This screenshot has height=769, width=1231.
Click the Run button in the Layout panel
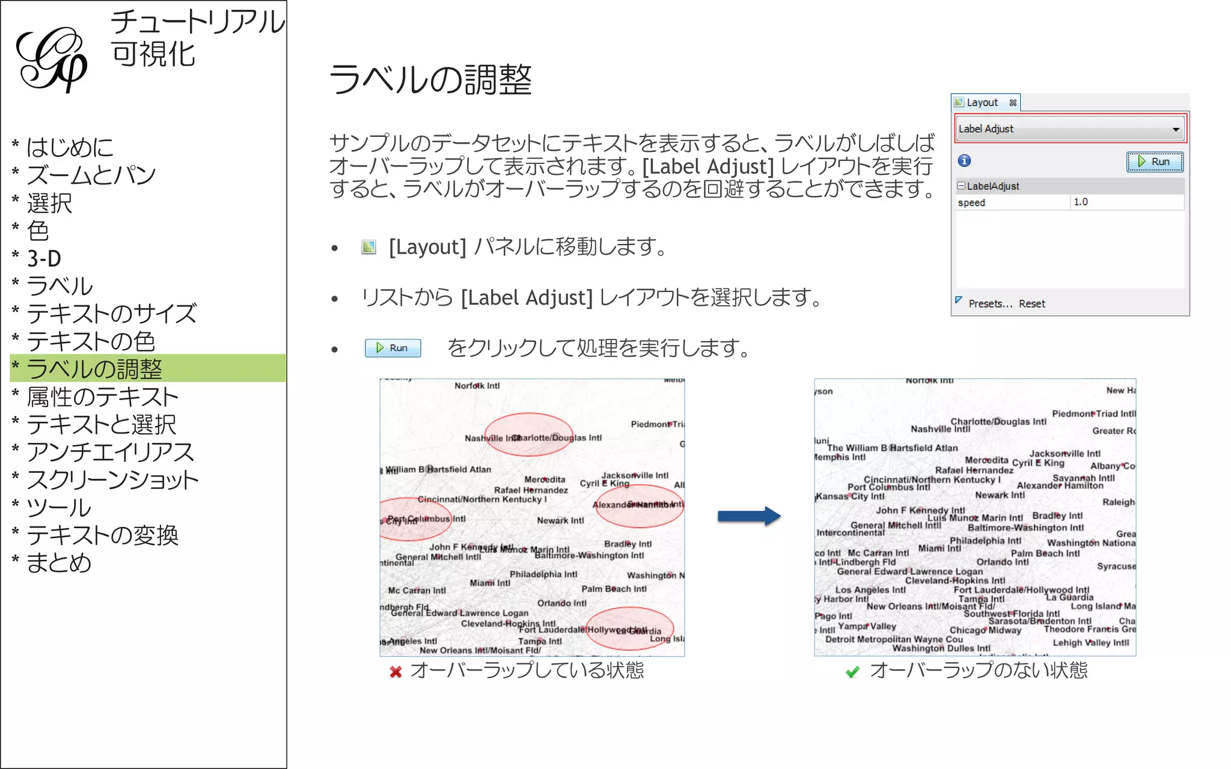coord(1154,162)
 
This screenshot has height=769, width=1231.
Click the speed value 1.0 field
coord(1126,202)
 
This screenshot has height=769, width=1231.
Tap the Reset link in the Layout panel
coord(1031,304)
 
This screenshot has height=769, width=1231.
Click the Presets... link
coord(990,304)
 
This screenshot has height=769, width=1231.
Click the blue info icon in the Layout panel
coord(964,161)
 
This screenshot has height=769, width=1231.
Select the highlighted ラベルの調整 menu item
coord(94,368)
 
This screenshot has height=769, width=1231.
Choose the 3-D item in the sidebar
coord(44,258)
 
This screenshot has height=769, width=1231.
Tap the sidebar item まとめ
coord(59,563)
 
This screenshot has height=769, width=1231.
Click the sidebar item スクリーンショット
coord(112,480)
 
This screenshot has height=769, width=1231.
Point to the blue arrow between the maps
coord(748,516)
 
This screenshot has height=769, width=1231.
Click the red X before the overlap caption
coord(396,672)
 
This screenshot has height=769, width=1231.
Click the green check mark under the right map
coord(852,672)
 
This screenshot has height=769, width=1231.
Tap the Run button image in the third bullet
coord(393,348)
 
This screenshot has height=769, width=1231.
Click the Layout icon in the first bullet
coord(368,247)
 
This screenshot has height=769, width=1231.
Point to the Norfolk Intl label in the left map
coord(477,386)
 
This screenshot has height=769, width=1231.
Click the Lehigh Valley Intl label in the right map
coord(1090,643)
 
